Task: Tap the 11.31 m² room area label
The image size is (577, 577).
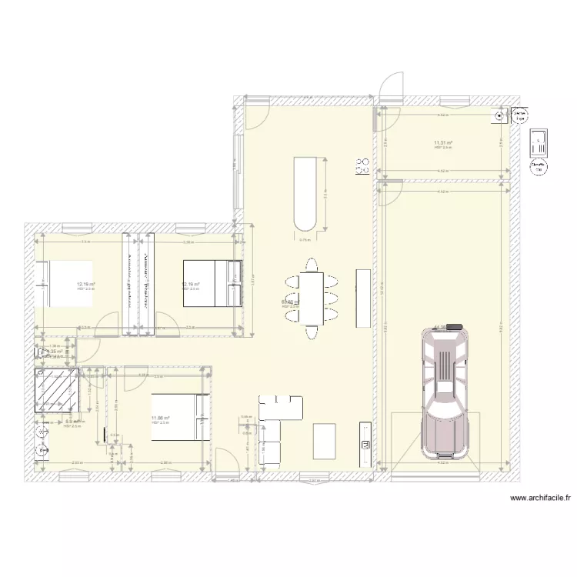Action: [x=442, y=142]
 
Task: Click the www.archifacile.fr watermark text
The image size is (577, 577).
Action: [x=540, y=499]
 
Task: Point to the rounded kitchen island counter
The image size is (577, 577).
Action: [x=305, y=193]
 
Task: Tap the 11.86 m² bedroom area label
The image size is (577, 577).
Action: [x=161, y=419]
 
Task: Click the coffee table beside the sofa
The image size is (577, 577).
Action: [x=325, y=441]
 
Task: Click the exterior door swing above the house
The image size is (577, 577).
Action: [x=392, y=85]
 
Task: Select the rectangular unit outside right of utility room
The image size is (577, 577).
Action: [x=539, y=142]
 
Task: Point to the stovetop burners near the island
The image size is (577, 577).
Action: [x=361, y=166]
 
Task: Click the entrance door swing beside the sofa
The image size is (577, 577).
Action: [x=227, y=462]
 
